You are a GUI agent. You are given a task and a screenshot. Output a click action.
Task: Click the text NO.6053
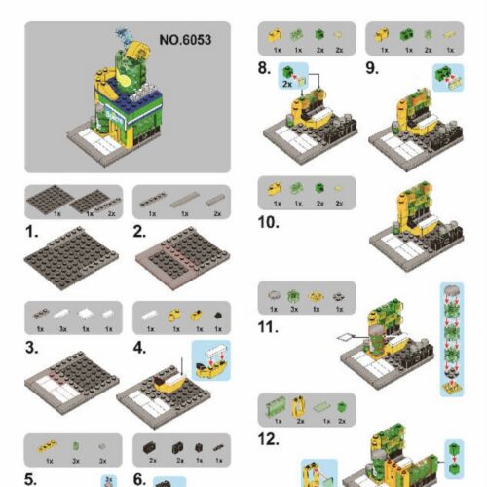tap(184, 41)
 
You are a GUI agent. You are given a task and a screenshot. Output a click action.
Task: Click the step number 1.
tap(31, 233)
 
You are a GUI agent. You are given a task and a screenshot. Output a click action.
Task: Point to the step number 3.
tap(31, 348)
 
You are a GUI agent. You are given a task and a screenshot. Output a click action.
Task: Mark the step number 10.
tap(268, 221)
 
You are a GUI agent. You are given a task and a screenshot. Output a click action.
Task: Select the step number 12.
tap(269, 439)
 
